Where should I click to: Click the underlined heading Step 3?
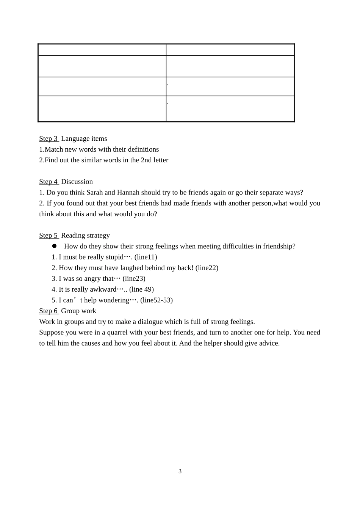pyautogui.click(x=49, y=139)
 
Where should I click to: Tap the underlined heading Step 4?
pyautogui.click(x=49, y=182)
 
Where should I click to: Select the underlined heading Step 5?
pyautogui.click(x=49, y=236)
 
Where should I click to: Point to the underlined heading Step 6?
pyautogui.click(x=49, y=311)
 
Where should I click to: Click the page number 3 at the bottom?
pyautogui.click(x=180, y=471)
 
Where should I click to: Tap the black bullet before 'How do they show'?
pyautogui.click(x=54, y=246)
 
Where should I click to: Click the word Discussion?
pyautogui.click(x=77, y=182)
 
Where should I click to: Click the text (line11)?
pyautogui.click(x=146, y=257)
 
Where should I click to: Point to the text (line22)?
pyautogui.click(x=207, y=268)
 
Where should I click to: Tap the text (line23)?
pyautogui.click(x=134, y=279)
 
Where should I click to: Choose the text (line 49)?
pyautogui.click(x=141, y=290)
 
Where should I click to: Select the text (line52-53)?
pyautogui.click(x=157, y=300)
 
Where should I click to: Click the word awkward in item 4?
pyautogui.click(x=103, y=290)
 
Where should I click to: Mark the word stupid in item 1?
pyautogui.click(x=114, y=257)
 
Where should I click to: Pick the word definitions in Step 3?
pyautogui.click(x=140, y=149)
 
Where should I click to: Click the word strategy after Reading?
pyautogui.click(x=97, y=236)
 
